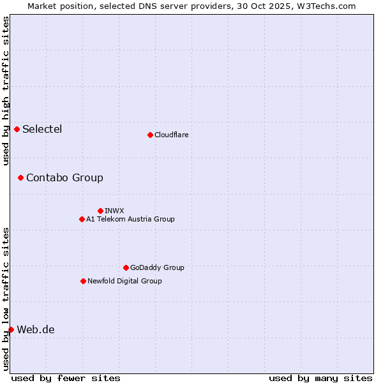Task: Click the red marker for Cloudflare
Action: (x=150, y=135)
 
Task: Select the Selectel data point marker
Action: (x=17, y=130)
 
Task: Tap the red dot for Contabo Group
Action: (x=21, y=177)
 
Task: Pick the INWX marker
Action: (x=101, y=211)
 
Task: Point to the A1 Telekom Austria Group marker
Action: (x=82, y=220)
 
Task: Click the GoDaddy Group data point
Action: (x=126, y=268)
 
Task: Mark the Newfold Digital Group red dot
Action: (x=83, y=281)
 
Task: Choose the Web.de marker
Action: (x=11, y=329)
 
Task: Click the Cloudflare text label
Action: (x=171, y=135)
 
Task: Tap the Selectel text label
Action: (x=42, y=130)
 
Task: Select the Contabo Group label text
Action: (x=64, y=177)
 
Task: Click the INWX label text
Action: (x=114, y=211)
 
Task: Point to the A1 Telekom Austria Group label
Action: (x=130, y=220)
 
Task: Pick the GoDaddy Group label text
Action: (x=157, y=268)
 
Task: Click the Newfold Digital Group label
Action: (x=124, y=281)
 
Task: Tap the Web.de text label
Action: (x=36, y=329)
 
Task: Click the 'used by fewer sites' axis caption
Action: (x=66, y=378)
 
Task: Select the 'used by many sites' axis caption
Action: (x=320, y=378)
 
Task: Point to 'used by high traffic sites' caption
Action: (x=6, y=91)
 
